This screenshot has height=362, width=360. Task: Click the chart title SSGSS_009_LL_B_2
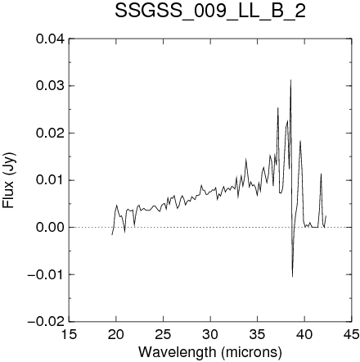point(210,11)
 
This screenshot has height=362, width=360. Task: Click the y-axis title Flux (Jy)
point(9,180)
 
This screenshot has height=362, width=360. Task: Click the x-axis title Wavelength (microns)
point(210,352)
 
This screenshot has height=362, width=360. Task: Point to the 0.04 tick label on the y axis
point(51,39)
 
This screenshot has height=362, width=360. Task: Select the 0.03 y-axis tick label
point(51,86)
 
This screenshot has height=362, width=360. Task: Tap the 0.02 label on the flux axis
point(51,133)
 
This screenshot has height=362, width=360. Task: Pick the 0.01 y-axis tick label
point(51,180)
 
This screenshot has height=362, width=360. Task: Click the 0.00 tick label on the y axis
point(51,228)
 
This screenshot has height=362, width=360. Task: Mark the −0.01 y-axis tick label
point(47,274)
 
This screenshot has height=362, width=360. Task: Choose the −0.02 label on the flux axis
point(47,322)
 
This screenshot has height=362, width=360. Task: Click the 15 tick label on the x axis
point(69,334)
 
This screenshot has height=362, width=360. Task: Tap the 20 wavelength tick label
point(116,334)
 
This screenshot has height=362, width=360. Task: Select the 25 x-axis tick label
point(163,334)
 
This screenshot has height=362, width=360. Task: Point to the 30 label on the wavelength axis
point(210,334)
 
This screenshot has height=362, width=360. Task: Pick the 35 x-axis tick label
point(258,334)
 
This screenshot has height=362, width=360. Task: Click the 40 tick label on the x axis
point(304,334)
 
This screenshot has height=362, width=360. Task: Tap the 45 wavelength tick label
point(352,334)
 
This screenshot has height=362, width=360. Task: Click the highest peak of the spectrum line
point(291,79)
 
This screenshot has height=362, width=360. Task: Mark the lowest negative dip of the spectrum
point(292,277)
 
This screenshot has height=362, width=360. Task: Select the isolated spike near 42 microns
point(321,174)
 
